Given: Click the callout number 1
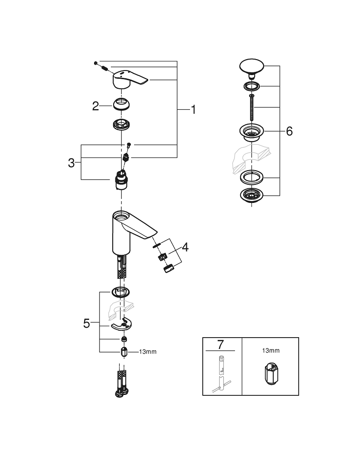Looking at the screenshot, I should (x=193, y=110).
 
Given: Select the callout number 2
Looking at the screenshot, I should (x=95, y=106).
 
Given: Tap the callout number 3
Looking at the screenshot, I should (x=71, y=162).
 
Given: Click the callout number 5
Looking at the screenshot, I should (x=87, y=324).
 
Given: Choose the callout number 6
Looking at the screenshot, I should (x=290, y=131).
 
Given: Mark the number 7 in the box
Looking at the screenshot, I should (x=220, y=344).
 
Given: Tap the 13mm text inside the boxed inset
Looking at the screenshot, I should (x=270, y=351).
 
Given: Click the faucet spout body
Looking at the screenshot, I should (x=127, y=230).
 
